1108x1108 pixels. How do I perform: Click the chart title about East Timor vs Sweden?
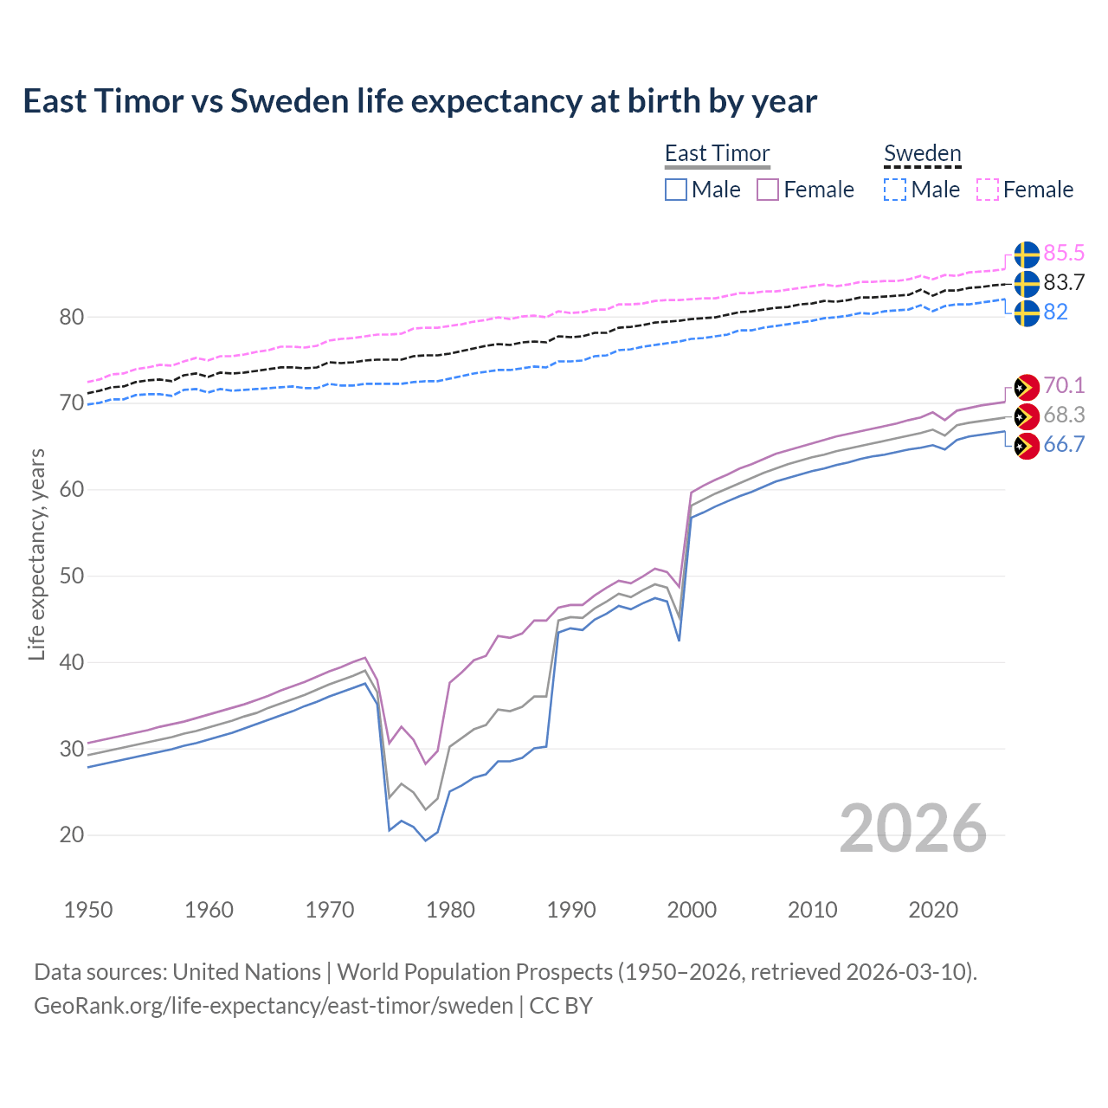(x=420, y=101)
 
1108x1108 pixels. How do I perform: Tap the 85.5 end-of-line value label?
(x=1064, y=253)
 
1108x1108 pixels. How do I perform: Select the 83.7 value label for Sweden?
(x=1064, y=282)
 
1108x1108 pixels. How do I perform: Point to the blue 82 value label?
(x=1056, y=312)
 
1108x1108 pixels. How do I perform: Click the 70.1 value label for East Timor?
(x=1064, y=385)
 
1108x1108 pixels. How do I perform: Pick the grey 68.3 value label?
(x=1064, y=415)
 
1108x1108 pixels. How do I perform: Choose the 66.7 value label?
(x=1064, y=444)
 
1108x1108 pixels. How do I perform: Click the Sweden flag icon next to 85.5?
(x=1027, y=254)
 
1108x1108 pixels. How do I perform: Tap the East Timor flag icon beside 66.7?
(x=1027, y=447)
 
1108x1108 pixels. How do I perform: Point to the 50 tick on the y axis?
(x=72, y=576)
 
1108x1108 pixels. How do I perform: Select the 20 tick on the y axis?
(x=72, y=835)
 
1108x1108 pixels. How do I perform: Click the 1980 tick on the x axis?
(x=451, y=910)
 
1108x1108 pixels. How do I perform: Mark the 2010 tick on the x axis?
(x=812, y=910)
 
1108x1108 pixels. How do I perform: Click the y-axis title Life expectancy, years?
(x=37, y=554)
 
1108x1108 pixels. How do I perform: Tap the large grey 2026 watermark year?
(x=913, y=828)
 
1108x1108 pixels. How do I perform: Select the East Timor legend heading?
(x=717, y=153)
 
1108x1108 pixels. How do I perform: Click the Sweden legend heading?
(x=922, y=153)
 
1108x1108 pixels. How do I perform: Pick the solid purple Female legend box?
(x=768, y=190)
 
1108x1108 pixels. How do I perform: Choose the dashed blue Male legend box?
(x=895, y=190)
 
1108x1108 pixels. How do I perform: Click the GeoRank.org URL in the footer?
(x=274, y=1005)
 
